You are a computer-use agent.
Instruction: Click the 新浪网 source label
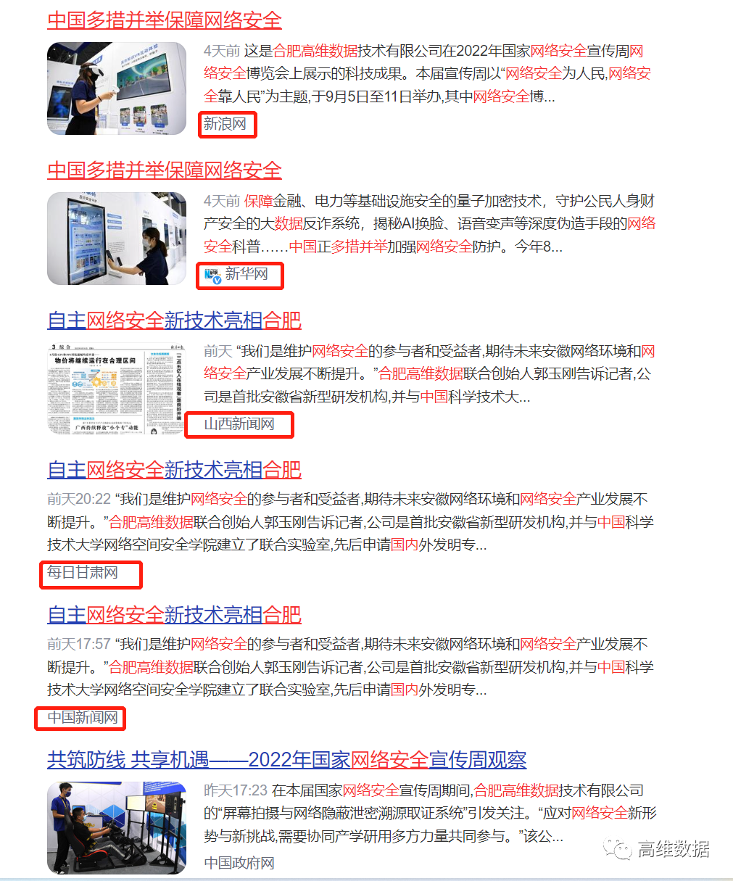point(225,124)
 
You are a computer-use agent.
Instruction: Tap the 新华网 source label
point(247,274)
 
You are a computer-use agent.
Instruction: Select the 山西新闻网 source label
point(239,423)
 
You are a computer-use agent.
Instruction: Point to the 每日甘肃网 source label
point(82,573)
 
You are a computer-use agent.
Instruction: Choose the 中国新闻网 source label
point(82,717)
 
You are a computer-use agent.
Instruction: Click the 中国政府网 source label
point(239,863)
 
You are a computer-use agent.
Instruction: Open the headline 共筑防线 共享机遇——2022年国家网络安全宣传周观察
point(286,760)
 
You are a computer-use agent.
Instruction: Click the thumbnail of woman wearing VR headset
point(117,88)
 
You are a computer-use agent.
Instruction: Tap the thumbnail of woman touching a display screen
point(117,239)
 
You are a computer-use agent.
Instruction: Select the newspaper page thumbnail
point(117,389)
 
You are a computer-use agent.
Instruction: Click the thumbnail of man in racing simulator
point(117,828)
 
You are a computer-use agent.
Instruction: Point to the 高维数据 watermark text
point(673,849)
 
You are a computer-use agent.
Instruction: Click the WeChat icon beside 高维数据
point(618,849)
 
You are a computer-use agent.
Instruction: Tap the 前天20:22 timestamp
point(79,499)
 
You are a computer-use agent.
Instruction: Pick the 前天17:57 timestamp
point(79,644)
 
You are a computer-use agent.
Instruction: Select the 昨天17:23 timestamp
point(236,790)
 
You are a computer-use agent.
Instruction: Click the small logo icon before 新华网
point(212,275)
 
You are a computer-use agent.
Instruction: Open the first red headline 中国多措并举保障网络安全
point(164,20)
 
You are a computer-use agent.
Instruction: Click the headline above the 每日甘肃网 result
point(174,470)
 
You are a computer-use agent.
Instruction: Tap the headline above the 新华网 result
point(164,170)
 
